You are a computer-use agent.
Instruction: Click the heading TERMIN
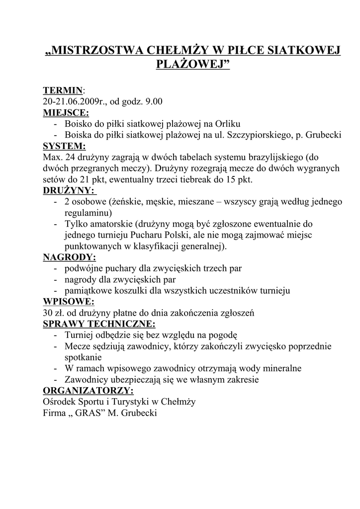(63, 90)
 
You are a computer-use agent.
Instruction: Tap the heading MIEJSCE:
(66, 112)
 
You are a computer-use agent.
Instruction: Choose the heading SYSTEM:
(64, 146)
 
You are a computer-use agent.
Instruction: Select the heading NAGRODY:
(69, 257)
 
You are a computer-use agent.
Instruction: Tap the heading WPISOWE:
(68, 302)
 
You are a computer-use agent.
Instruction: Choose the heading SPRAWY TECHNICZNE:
(99, 324)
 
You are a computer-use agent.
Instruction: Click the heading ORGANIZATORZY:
(88, 390)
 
